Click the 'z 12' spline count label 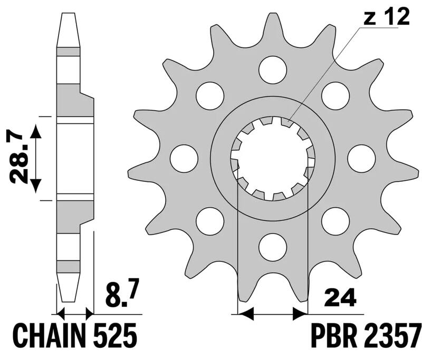coord(385,19)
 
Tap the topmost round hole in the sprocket coord(273,69)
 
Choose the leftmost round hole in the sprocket coord(184,158)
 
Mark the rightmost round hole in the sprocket coord(362,158)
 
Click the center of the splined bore coord(273,158)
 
